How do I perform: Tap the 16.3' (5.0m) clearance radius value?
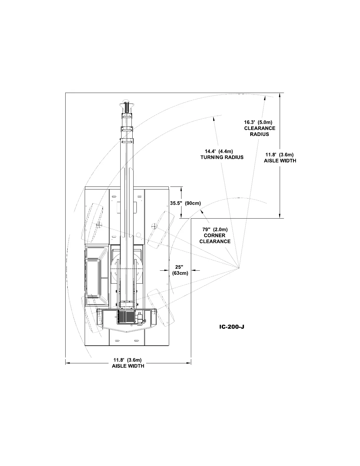(x=260, y=122)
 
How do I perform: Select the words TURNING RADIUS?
(x=222, y=157)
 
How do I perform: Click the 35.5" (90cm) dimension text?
(x=185, y=203)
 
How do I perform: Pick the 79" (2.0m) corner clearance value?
(x=215, y=229)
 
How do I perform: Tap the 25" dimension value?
(x=179, y=267)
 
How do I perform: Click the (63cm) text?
(x=180, y=273)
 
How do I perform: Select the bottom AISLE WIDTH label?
(x=128, y=366)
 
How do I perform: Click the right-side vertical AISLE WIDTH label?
(x=280, y=161)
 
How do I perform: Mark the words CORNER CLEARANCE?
(x=215, y=238)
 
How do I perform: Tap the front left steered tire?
(x=92, y=222)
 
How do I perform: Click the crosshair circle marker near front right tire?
(x=153, y=226)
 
